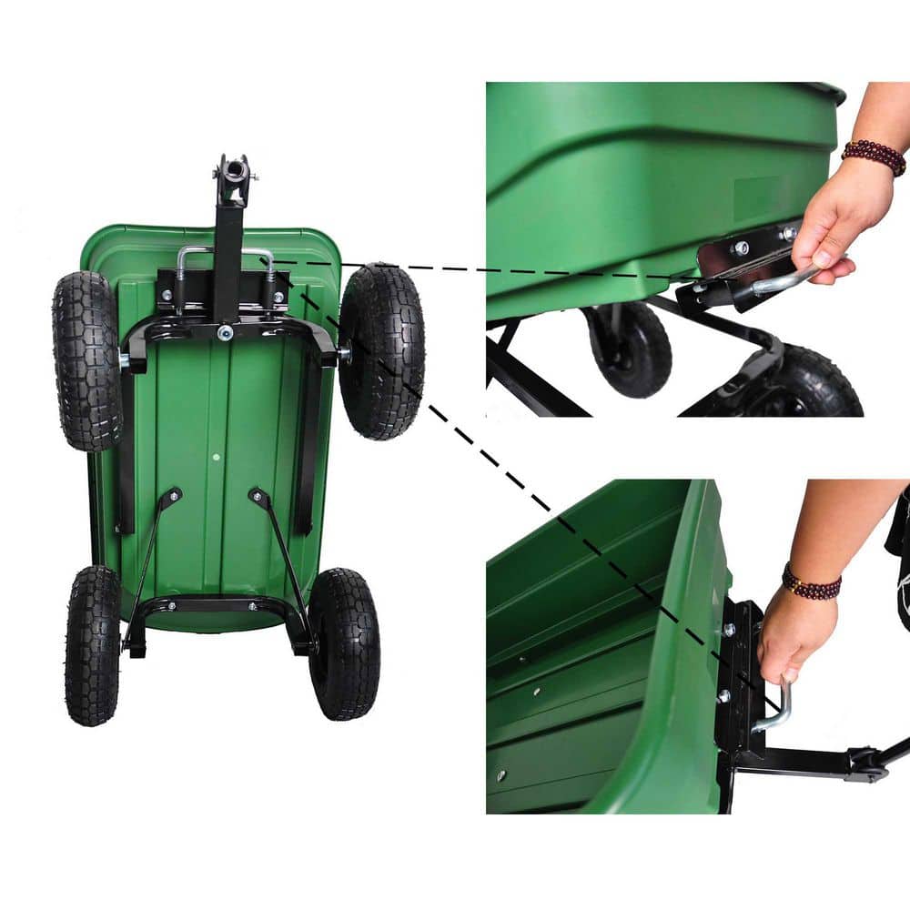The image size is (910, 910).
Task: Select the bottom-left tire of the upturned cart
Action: coord(92,645)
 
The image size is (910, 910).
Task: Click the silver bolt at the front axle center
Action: coord(225,333)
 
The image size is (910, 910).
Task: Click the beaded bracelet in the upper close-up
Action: coord(873,156)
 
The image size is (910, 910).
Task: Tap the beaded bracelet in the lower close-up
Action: coord(811,582)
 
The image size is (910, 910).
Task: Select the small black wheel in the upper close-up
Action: coord(628,351)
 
